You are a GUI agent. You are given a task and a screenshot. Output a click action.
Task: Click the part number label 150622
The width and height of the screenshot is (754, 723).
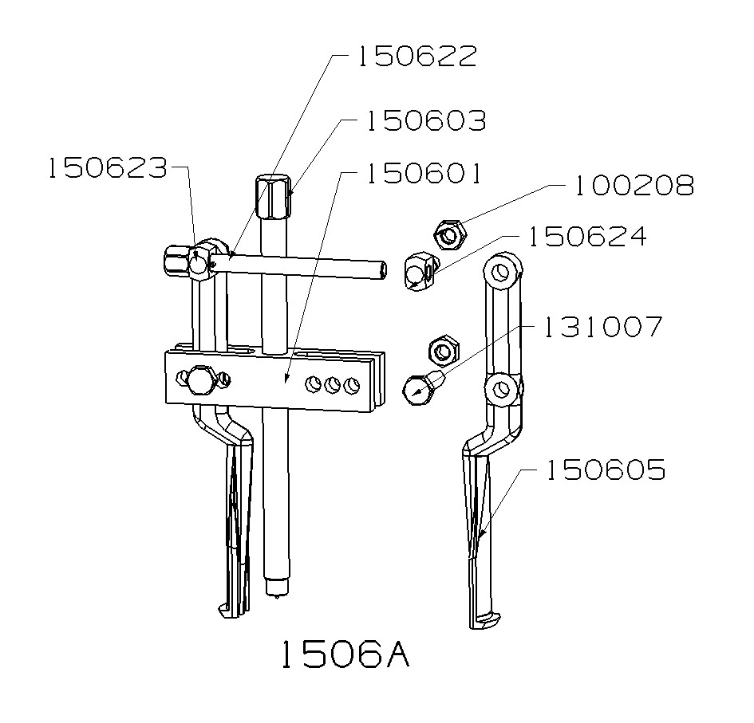pos(416,57)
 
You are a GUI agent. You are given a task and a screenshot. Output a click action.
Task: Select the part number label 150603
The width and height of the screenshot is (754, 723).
pos(425,121)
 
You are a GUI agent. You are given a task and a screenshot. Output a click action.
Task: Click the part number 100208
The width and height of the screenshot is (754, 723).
pos(634,186)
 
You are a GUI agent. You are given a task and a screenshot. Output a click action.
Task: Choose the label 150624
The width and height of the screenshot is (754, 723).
pos(586,237)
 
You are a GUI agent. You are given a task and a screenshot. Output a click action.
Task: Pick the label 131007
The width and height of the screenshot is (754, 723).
pos(602,326)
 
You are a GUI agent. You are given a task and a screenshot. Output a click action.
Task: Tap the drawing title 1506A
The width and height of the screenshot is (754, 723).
pos(345,654)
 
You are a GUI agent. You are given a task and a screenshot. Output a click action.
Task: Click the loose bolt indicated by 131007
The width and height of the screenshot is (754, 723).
pos(420,386)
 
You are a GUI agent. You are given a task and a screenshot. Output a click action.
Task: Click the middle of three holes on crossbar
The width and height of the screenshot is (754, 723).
pos(333,387)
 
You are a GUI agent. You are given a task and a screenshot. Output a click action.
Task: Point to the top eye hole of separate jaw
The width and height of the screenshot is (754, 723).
pos(501,273)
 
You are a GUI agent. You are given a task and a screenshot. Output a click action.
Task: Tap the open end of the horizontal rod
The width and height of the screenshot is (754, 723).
pos(384,270)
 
